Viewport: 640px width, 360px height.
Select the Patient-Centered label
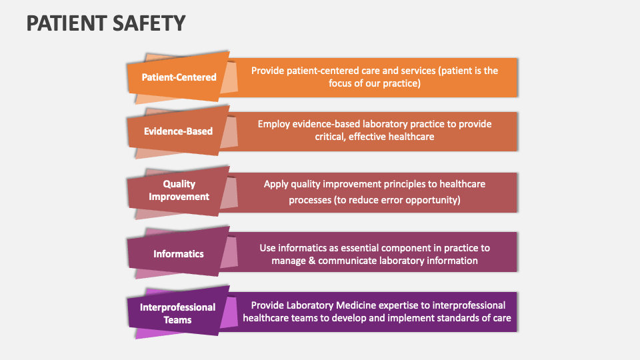tap(179, 77)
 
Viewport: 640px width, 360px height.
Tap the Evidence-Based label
tap(179, 131)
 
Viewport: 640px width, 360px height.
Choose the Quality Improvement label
tap(179, 190)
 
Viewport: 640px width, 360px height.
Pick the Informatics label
tap(179, 254)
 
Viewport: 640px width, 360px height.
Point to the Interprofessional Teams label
tap(178, 313)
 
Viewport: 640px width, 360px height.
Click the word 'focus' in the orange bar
tap(342, 83)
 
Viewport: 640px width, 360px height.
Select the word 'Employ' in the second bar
tap(274, 123)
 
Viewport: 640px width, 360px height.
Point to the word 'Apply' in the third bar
tap(276, 184)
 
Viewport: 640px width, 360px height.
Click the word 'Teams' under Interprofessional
tap(178, 320)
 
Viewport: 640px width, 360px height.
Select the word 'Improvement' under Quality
tap(179, 197)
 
